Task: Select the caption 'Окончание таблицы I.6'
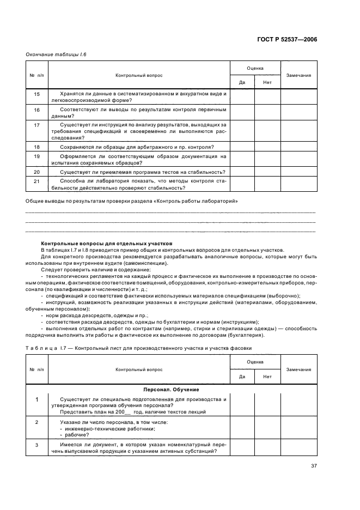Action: pos(56,55)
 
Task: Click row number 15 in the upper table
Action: pos(37,94)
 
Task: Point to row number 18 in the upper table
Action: pos(37,147)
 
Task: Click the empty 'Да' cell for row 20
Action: pos(242,172)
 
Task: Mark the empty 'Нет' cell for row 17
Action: pos(267,131)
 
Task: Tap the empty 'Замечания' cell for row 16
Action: pos(298,112)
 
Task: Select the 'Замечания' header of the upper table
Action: pos(298,75)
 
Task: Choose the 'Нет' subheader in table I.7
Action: pos(267,377)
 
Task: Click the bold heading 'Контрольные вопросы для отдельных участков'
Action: pos(107,243)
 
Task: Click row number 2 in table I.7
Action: pos(37,422)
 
